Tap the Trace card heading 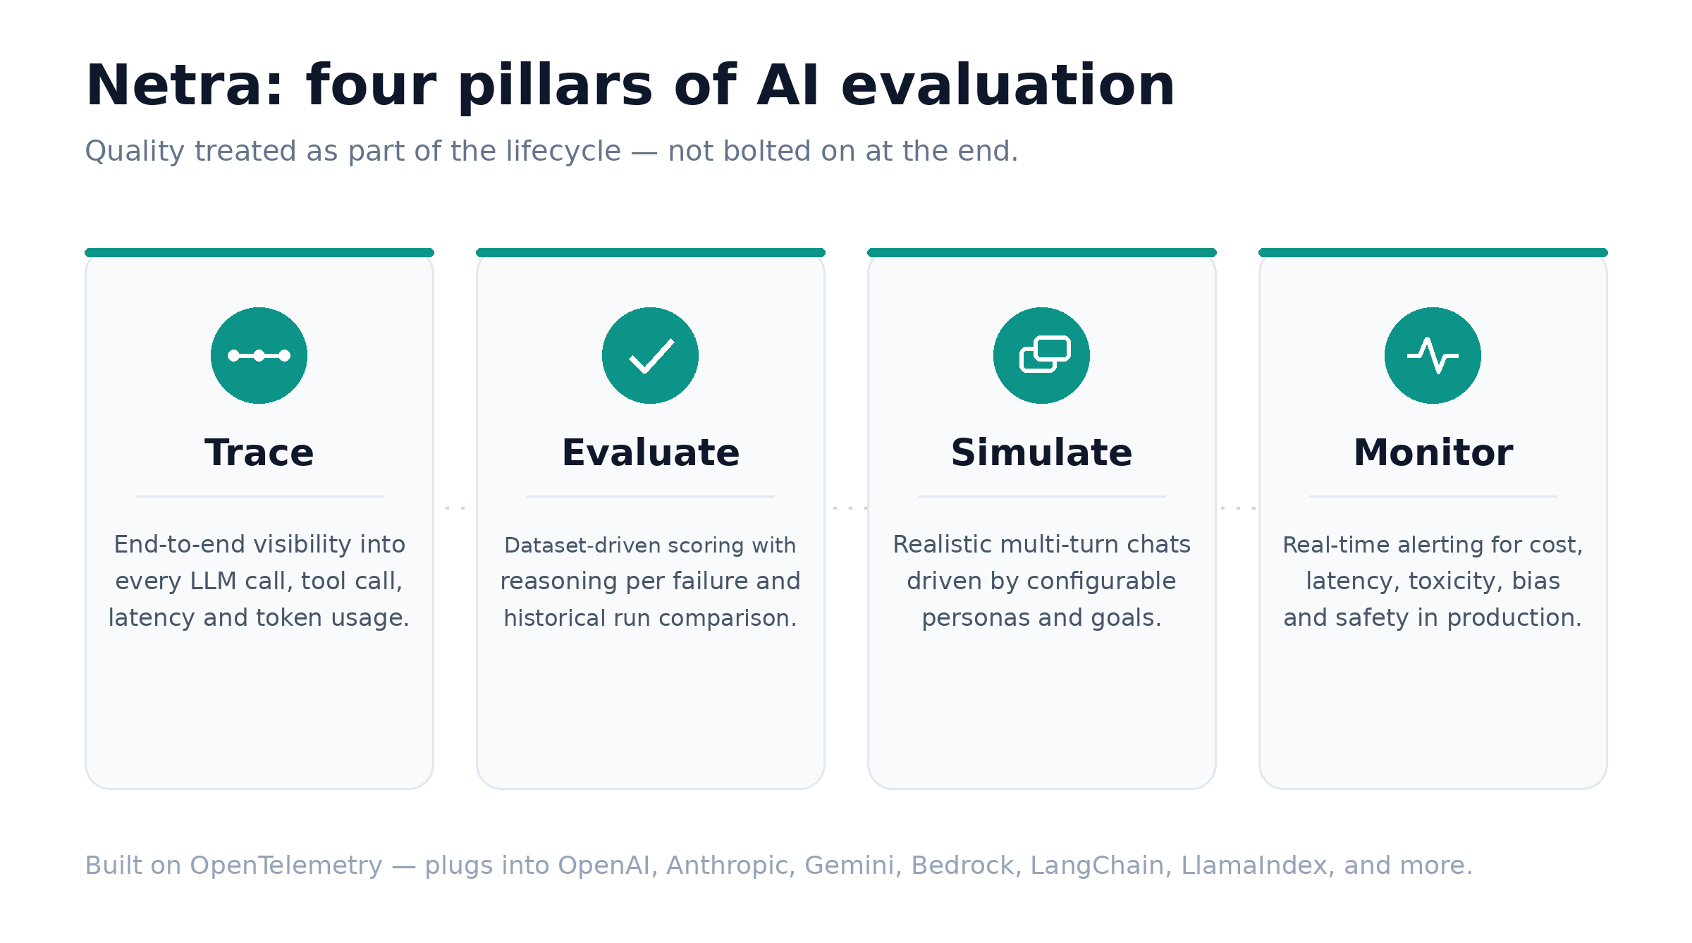259,452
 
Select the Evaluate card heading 651,452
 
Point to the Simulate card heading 1042,452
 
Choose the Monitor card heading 1433,452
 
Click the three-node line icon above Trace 259,355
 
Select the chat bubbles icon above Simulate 1045,354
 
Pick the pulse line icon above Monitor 1433,355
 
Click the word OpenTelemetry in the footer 286,865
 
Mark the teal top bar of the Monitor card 1433,252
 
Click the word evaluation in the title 1008,86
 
